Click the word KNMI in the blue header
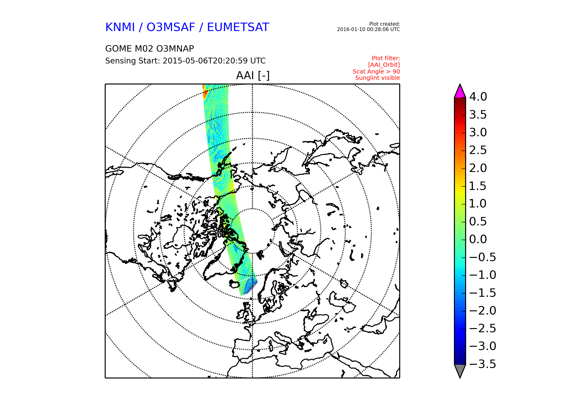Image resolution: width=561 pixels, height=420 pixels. coord(120,27)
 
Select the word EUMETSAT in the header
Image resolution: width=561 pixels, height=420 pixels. coord(238,27)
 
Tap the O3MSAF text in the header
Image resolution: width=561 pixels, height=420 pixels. coord(171,27)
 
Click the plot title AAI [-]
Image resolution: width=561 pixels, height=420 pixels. coord(253,75)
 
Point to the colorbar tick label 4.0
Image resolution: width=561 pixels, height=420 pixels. coord(478,97)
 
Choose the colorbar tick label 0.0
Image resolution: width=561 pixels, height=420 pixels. coord(478,239)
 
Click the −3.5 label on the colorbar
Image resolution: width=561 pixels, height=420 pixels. coord(483,364)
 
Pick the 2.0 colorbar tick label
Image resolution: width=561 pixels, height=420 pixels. coord(478,168)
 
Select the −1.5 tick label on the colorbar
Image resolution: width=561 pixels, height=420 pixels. coord(483,293)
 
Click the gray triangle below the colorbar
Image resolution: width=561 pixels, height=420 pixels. coord(460,371)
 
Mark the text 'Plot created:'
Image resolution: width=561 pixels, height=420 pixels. coord(385,24)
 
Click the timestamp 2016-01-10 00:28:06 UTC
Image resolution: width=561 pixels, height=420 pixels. coord(368,29)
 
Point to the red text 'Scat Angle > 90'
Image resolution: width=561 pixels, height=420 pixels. coord(376,72)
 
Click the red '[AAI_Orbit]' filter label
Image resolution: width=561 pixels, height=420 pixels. coord(384,65)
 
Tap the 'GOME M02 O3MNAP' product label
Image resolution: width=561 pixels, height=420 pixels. coord(150,49)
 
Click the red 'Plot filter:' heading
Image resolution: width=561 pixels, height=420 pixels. coord(386,58)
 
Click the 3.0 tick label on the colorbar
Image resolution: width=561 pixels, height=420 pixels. coord(478,132)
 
